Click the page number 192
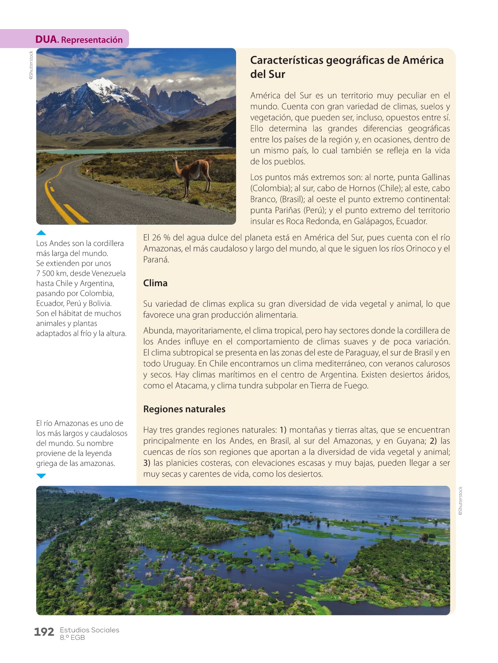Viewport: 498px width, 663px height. [x=44, y=632]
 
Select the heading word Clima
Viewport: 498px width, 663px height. [x=155, y=283]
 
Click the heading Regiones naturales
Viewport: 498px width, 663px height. [x=184, y=409]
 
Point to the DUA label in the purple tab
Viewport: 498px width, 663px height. [x=46, y=39]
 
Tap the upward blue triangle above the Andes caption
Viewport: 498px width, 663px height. [x=41, y=233]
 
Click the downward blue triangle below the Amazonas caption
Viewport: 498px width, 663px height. [x=41, y=476]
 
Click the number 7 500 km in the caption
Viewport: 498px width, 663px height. [x=52, y=273]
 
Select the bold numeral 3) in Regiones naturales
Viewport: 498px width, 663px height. [x=147, y=463]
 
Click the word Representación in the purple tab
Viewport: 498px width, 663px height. [x=92, y=40]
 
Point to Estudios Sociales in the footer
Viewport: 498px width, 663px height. [x=90, y=630]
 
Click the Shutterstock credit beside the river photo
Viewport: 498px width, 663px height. [x=460, y=501]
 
